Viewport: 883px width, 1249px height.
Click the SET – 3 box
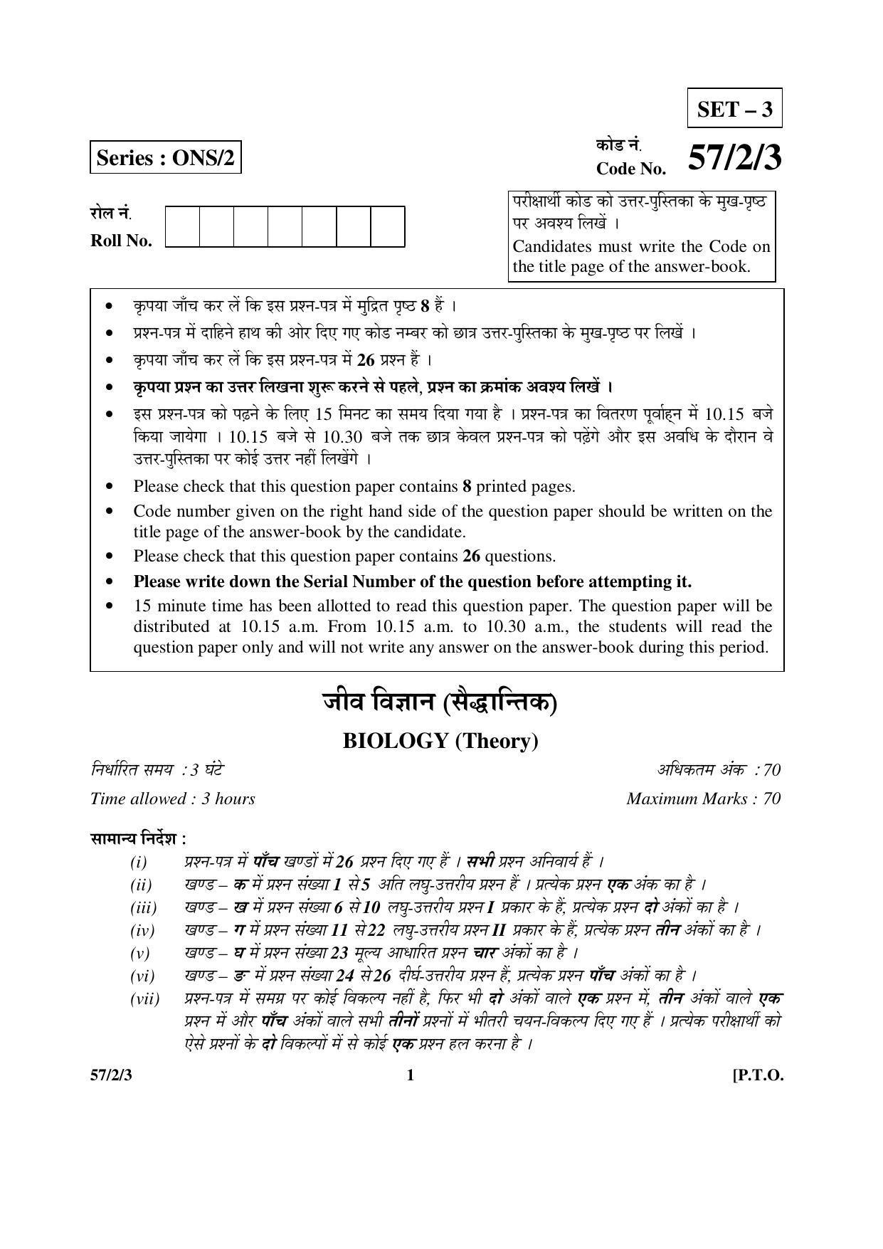(x=734, y=110)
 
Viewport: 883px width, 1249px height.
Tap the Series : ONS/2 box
(x=165, y=157)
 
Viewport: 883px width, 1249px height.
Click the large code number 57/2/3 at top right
(x=734, y=157)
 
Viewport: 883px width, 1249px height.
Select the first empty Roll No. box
(x=183, y=227)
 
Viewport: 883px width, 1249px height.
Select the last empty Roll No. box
(x=388, y=227)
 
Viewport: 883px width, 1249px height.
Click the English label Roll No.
(x=121, y=241)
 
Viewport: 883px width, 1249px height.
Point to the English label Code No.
(x=631, y=169)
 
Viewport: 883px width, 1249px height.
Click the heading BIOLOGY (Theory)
(x=440, y=741)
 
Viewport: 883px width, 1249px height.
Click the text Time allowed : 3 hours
(x=173, y=799)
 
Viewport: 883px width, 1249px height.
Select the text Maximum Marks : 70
(x=703, y=799)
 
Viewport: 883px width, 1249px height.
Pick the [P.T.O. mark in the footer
(x=758, y=1075)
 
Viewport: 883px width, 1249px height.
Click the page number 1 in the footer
(x=410, y=1075)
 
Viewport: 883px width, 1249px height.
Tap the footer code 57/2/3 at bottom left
(x=111, y=1075)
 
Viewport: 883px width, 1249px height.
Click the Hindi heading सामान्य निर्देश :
(x=138, y=838)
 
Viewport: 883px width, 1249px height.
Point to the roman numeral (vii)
(x=145, y=999)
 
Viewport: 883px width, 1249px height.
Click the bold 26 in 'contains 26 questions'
(x=471, y=556)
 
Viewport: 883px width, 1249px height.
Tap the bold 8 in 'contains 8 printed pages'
(x=467, y=487)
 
